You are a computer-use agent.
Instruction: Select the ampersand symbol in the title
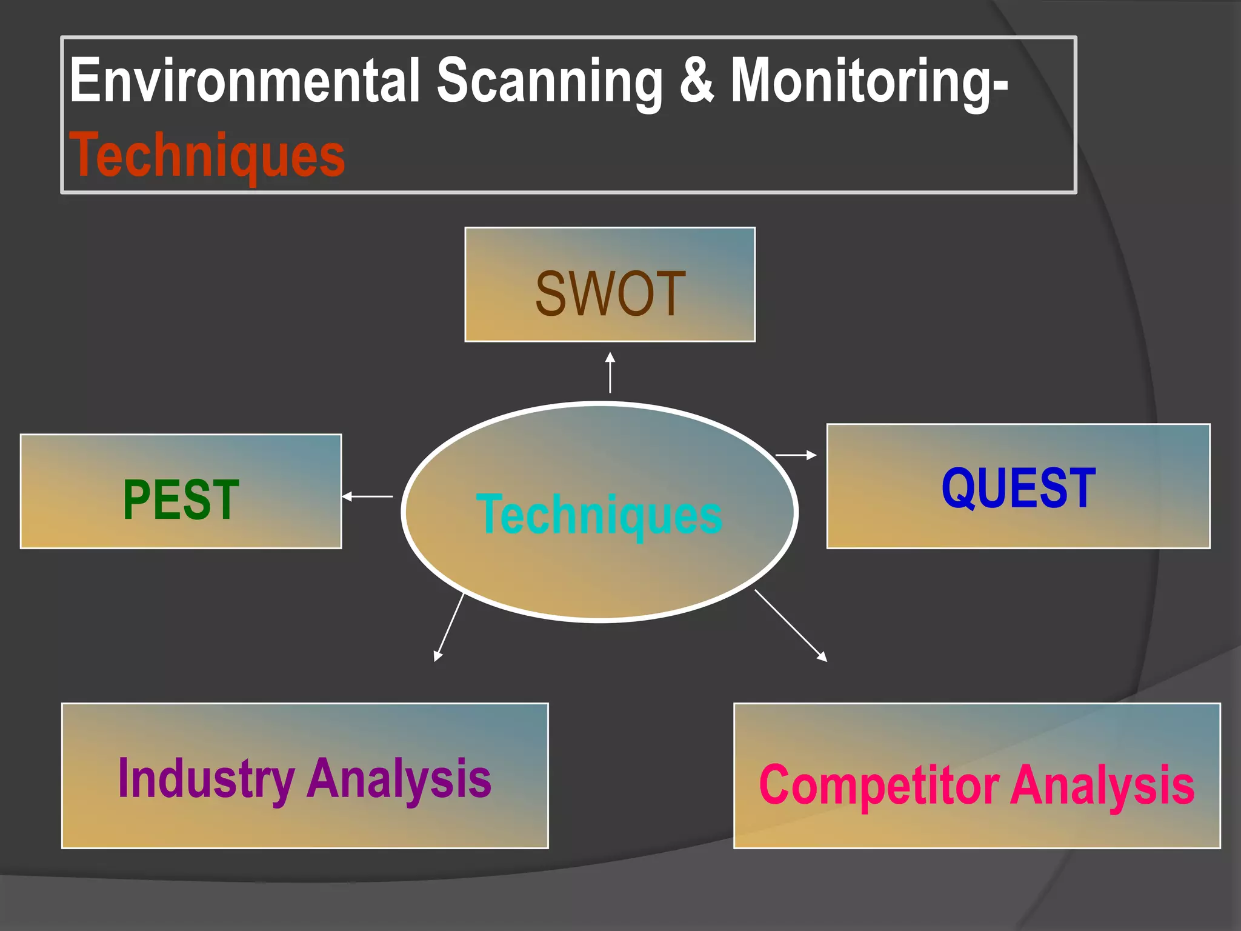tap(696, 81)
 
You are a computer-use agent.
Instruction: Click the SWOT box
tap(610, 285)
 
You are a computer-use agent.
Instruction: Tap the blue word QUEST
tap(1018, 488)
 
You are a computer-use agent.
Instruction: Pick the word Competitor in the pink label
tap(878, 786)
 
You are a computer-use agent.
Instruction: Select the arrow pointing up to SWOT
tap(610, 373)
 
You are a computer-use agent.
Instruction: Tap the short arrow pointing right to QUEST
tap(796, 455)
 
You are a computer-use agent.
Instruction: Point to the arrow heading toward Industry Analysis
tap(449, 627)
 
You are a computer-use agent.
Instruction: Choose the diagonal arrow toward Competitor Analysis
tap(791, 625)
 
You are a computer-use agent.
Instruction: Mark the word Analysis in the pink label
tap(1102, 786)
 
